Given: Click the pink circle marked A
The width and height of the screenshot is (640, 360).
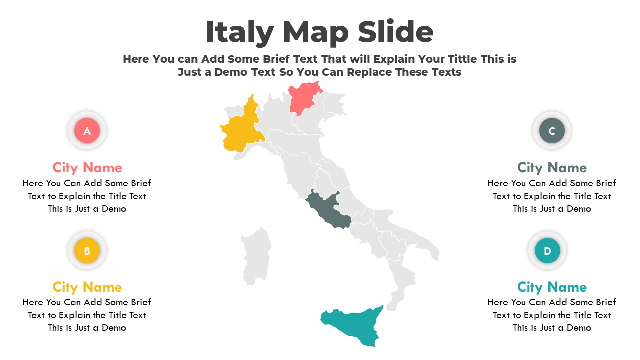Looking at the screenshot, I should [87, 131].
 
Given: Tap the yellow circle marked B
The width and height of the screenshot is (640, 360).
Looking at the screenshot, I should [87, 251].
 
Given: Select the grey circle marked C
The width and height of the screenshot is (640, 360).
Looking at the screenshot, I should [552, 131].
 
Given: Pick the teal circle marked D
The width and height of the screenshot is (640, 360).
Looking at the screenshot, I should [547, 251].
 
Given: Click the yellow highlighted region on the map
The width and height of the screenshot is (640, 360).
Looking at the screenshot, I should [241, 131].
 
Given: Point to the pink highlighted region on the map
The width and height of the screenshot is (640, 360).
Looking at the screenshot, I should [303, 98].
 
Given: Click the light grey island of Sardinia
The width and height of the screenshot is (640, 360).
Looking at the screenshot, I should [256, 255].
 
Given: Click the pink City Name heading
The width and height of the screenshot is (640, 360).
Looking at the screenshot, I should [87, 167].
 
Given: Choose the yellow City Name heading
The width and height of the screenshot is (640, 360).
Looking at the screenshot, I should [87, 287].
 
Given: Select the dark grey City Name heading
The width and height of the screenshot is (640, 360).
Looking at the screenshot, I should [552, 167].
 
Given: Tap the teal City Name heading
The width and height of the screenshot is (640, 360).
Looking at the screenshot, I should [552, 287].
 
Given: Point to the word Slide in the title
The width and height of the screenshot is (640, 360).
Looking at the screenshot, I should [395, 33].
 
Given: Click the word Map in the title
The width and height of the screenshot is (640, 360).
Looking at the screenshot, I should [315, 33].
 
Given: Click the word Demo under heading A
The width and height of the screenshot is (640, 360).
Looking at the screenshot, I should [114, 209].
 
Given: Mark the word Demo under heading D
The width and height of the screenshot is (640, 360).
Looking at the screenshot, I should [579, 328].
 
